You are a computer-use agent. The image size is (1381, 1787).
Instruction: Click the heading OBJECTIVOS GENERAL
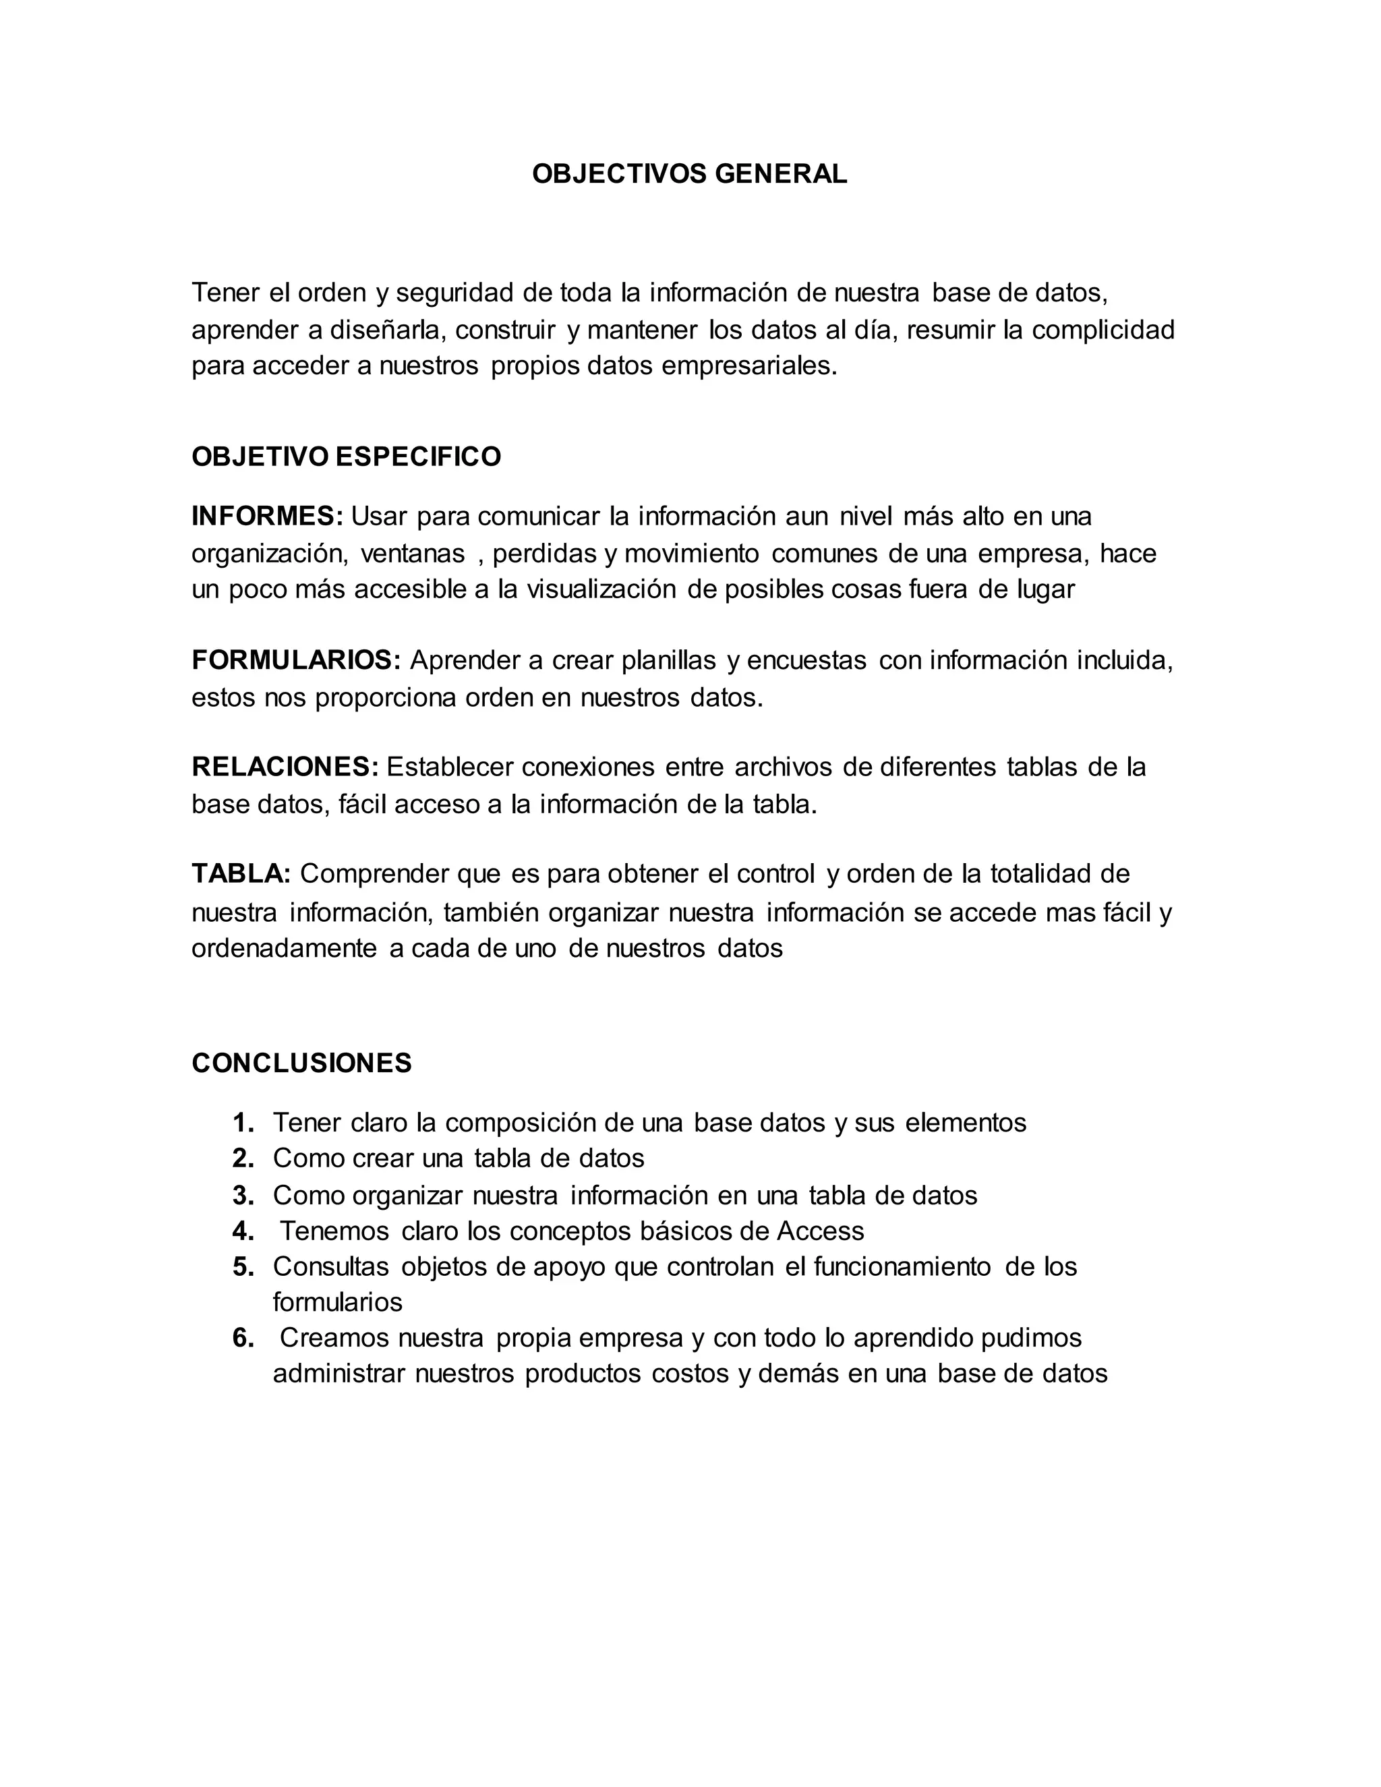tap(689, 173)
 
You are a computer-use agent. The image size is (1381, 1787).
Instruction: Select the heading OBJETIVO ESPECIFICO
tap(346, 457)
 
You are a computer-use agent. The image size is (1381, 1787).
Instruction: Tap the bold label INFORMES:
tap(268, 517)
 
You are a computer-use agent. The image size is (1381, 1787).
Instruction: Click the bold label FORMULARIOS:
tap(296, 660)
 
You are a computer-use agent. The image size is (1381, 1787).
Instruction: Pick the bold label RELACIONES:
tap(285, 767)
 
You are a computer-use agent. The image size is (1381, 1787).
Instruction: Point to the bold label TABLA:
tap(241, 874)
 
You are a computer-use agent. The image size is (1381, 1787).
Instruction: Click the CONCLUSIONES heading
tap(302, 1063)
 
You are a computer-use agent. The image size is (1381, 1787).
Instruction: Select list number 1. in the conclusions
tap(243, 1123)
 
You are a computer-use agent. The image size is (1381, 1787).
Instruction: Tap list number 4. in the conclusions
tap(243, 1231)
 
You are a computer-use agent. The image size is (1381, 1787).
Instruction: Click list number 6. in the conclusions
tap(243, 1338)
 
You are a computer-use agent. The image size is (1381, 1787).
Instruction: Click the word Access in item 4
tap(820, 1231)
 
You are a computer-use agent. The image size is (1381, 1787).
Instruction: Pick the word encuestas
tap(806, 660)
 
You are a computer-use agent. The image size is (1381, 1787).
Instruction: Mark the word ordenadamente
tap(284, 948)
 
